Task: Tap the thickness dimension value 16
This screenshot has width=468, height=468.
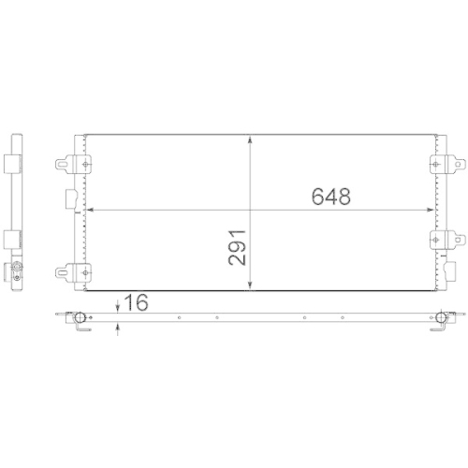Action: (136, 303)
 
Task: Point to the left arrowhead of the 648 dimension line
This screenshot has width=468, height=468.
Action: (90, 208)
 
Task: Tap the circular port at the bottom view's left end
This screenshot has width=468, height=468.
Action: (80, 317)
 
